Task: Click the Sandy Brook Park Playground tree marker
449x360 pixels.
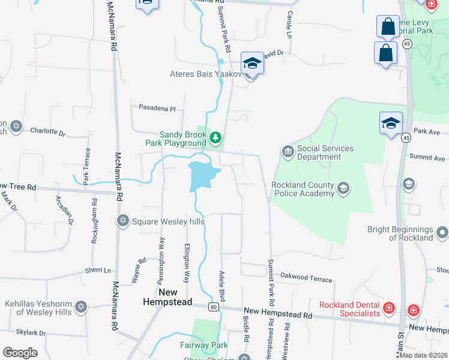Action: click(x=215, y=139)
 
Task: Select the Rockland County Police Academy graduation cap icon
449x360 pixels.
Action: click(x=343, y=189)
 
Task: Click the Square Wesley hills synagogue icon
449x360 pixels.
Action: click(x=123, y=221)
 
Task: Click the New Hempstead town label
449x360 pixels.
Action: click(x=160, y=296)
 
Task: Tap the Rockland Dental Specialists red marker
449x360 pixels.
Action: click(x=390, y=308)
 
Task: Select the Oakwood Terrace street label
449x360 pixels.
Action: click(x=306, y=278)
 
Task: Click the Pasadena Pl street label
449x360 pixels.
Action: click(x=157, y=109)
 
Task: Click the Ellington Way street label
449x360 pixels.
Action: click(x=187, y=264)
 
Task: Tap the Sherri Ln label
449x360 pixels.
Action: click(x=98, y=271)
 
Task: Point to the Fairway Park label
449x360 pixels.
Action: click(x=203, y=345)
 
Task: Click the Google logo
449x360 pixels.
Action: click(x=20, y=352)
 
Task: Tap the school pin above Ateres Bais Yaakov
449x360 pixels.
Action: click(x=252, y=63)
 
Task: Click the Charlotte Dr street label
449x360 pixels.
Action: click(x=47, y=131)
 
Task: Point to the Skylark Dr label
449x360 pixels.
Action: click(x=31, y=332)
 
